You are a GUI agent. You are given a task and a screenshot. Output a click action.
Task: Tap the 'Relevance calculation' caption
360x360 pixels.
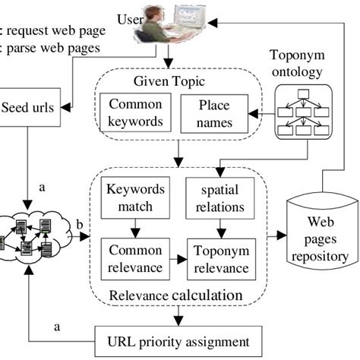177,295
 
